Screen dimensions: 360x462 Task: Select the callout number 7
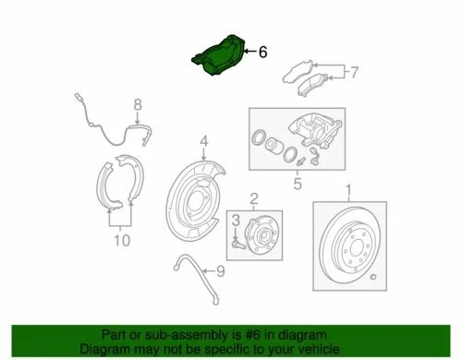coord(355,70)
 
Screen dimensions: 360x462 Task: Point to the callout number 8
coord(138,106)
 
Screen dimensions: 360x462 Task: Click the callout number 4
coord(204,142)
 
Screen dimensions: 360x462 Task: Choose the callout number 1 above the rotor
coord(348,191)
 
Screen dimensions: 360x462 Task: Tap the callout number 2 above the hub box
coord(253,198)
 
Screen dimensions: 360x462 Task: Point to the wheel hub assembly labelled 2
coord(258,234)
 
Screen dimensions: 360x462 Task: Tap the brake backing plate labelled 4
coord(195,209)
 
